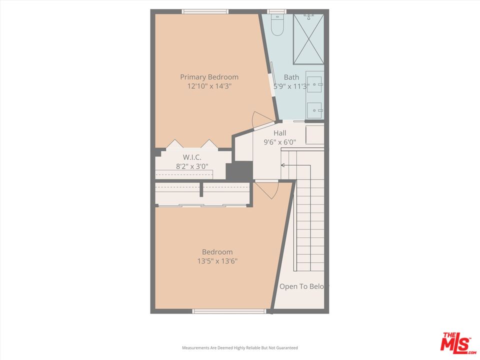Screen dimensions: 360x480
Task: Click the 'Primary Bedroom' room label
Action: click(209, 77)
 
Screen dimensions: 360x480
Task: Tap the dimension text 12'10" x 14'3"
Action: click(209, 86)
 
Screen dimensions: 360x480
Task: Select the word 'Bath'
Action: click(291, 77)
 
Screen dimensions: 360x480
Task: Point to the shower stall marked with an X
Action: click(308, 39)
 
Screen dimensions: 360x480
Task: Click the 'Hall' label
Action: click(280, 133)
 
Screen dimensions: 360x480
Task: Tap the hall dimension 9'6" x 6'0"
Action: click(280, 142)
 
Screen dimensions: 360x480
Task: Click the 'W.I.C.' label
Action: click(184, 157)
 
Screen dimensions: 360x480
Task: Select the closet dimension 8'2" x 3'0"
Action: click(192, 166)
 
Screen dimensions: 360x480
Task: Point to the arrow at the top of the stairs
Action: click(283, 165)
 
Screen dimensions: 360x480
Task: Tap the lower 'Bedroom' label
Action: click(217, 252)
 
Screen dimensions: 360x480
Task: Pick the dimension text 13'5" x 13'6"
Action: click(217, 261)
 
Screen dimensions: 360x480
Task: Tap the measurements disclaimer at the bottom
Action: click(239, 347)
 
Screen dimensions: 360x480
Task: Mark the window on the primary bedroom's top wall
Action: click(205, 11)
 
